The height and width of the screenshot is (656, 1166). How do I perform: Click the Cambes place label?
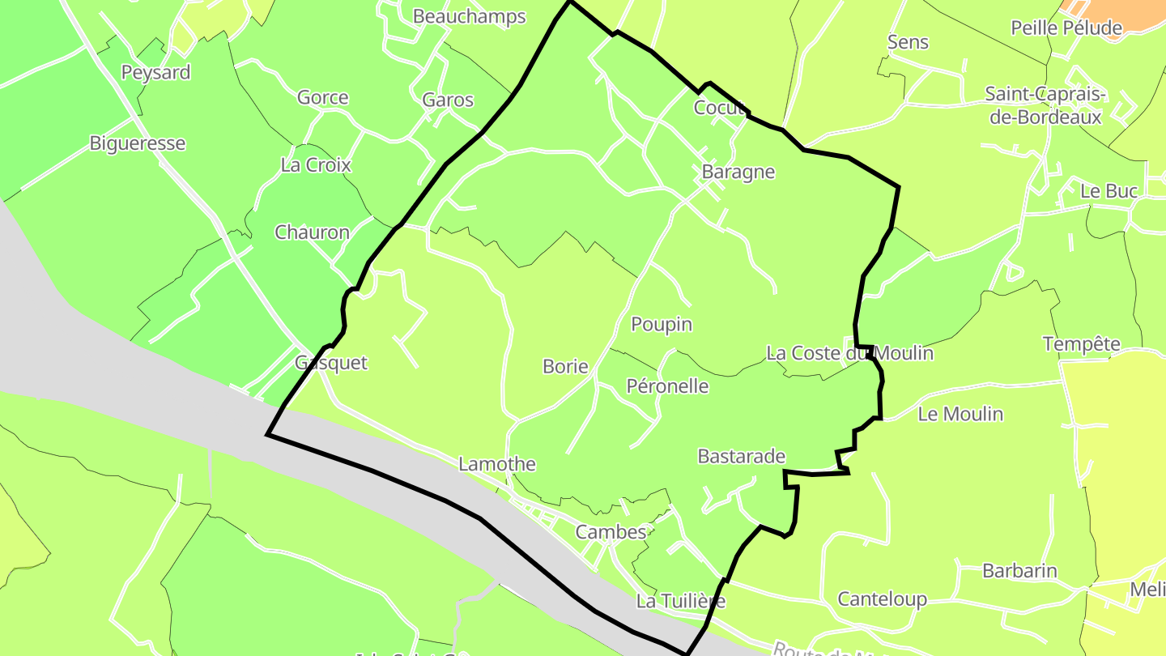[x=611, y=532]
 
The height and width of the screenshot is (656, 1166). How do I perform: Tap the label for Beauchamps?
[x=469, y=16]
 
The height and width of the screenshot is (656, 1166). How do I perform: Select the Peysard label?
[x=155, y=72]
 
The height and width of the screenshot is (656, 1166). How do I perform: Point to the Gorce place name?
[x=322, y=98]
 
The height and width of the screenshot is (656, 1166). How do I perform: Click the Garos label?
[x=447, y=100]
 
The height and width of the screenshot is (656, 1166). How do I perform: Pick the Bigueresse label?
[x=137, y=143]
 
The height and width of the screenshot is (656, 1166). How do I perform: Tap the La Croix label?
[x=315, y=165]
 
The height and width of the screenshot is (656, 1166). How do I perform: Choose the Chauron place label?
[x=312, y=232]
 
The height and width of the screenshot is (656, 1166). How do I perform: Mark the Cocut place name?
[x=718, y=108]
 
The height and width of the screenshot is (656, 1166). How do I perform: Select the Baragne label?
[x=738, y=172]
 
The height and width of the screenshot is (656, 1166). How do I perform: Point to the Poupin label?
[x=662, y=325]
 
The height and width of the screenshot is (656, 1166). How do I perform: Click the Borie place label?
[x=565, y=367]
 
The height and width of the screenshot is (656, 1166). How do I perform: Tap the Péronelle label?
[x=667, y=386]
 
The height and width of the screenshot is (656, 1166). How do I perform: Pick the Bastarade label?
[x=741, y=457]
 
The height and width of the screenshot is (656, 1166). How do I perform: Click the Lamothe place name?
[x=496, y=464]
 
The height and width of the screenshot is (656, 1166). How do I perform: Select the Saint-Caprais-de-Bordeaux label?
[x=1045, y=105]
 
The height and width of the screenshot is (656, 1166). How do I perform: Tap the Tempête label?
[x=1081, y=344]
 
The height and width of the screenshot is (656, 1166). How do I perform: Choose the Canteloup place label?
[x=882, y=599]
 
